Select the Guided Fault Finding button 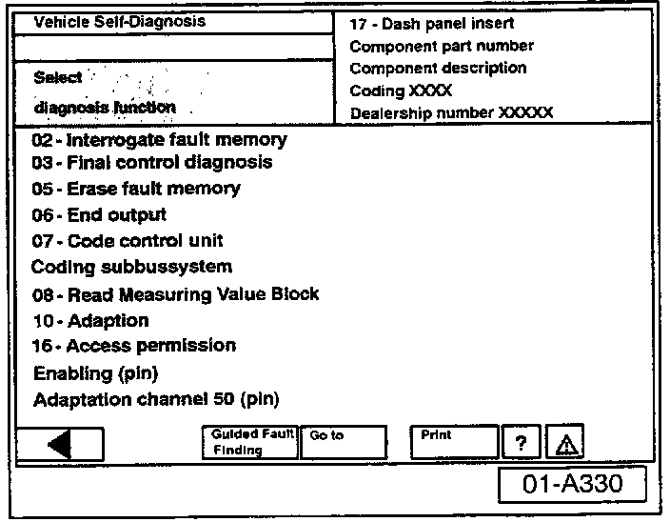tap(249, 441)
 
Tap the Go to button tap(343, 441)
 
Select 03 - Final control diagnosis tap(151, 162)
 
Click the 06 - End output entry tap(98, 215)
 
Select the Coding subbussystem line tap(131, 267)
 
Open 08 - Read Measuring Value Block tap(175, 294)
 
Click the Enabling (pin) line tap(95, 372)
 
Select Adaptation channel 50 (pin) tap(156, 399)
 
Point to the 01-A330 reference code tap(573, 484)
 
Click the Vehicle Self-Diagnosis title tap(119, 21)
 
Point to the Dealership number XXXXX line tap(451, 112)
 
